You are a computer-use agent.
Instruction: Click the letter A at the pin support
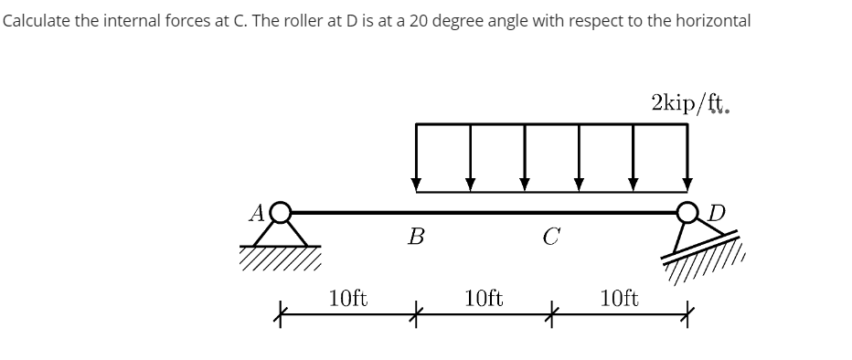pyautogui.click(x=258, y=212)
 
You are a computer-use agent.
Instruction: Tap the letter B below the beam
pyautogui.click(x=417, y=238)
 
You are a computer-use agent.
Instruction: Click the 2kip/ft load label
pyautogui.click(x=690, y=103)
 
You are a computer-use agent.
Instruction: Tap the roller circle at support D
pyautogui.click(x=687, y=213)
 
